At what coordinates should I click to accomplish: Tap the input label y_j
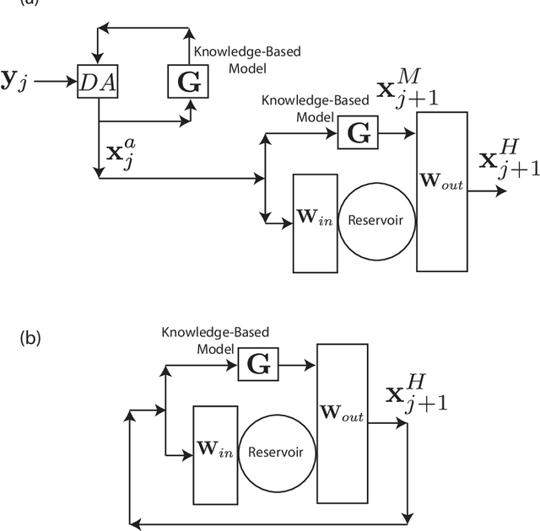pos(17,81)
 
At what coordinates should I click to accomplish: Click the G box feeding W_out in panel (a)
pos(358,133)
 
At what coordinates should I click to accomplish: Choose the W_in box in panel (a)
pos(315,223)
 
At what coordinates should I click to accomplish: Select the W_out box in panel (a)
pos(441,190)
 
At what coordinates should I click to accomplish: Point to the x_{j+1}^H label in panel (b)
pos(416,392)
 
